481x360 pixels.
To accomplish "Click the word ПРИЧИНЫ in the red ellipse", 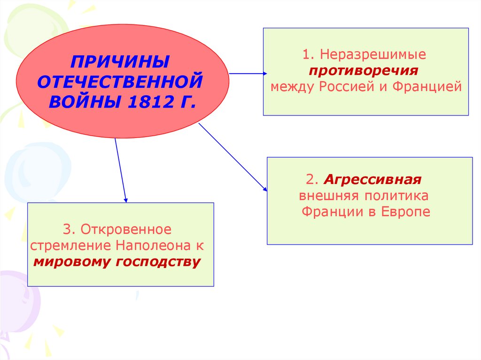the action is tap(120, 61).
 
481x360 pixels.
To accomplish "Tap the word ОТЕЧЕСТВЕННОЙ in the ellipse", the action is tap(120, 81).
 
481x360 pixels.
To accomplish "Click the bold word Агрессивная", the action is tap(372, 180).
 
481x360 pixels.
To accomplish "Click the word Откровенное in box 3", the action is tap(125, 230).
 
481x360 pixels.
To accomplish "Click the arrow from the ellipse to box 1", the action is tap(248, 74).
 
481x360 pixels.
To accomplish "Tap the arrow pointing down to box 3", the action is tap(121, 170).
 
